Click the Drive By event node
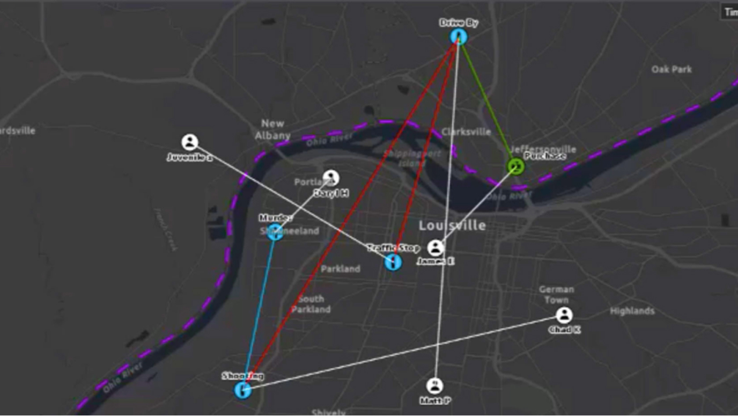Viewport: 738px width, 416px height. pos(458,37)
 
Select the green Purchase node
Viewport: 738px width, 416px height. pos(515,166)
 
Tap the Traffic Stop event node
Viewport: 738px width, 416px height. pos(393,262)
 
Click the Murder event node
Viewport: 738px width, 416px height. pos(275,232)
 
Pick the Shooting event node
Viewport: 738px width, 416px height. pos(243,390)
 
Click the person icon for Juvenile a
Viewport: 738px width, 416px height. pos(190,142)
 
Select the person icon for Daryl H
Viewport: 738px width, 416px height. pos(331,178)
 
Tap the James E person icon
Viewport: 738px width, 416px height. pos(436,248)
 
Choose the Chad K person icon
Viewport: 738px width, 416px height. pos(564,315)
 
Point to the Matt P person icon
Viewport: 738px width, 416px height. pos(434,385)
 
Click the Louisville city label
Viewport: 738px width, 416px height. pos(452,225)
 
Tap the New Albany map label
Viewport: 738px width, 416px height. pos(272,129)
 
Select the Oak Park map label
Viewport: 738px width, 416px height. pos(671,69)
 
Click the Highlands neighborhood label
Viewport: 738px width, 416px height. pos(632,311)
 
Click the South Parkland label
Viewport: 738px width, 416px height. pos(311,304)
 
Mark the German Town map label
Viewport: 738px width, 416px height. pos(556,294)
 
